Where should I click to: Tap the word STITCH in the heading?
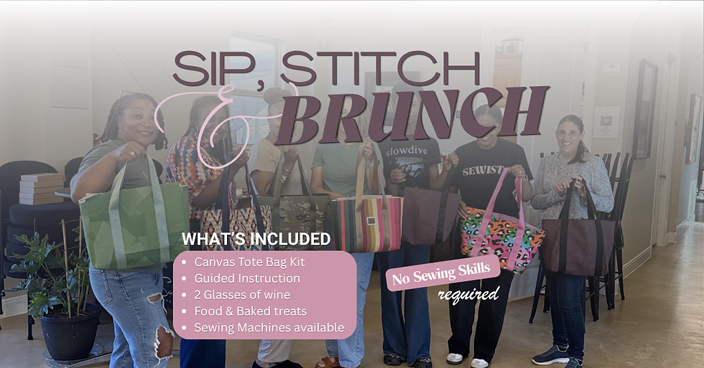point(380,70)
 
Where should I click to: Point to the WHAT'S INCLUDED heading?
point(256,239)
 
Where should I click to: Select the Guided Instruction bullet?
point(246,278)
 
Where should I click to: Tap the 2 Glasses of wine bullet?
point(242,295)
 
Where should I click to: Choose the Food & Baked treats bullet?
point(250,311)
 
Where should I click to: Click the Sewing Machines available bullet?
point(269,328)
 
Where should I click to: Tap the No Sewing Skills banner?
point(443,273)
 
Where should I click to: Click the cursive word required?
point(468,294)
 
